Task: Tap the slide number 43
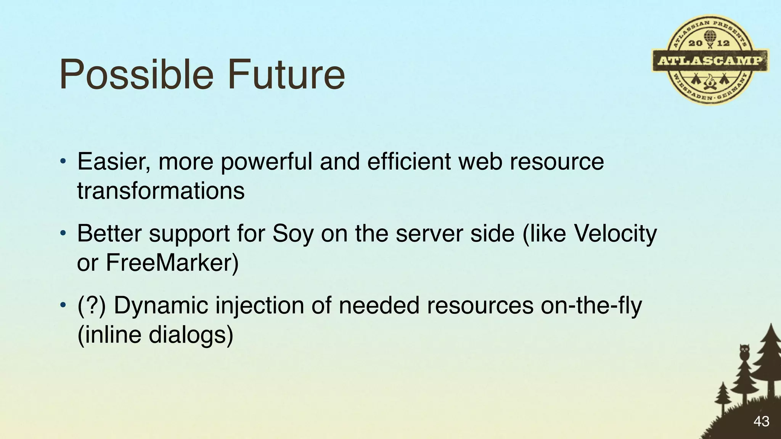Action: click(761, 421)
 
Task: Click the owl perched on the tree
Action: click(744, 352)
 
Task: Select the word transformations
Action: click(161, 191)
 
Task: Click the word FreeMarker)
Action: click(172, 263)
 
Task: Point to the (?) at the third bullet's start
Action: click(91, 306)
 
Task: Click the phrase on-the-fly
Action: click(591, 306)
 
